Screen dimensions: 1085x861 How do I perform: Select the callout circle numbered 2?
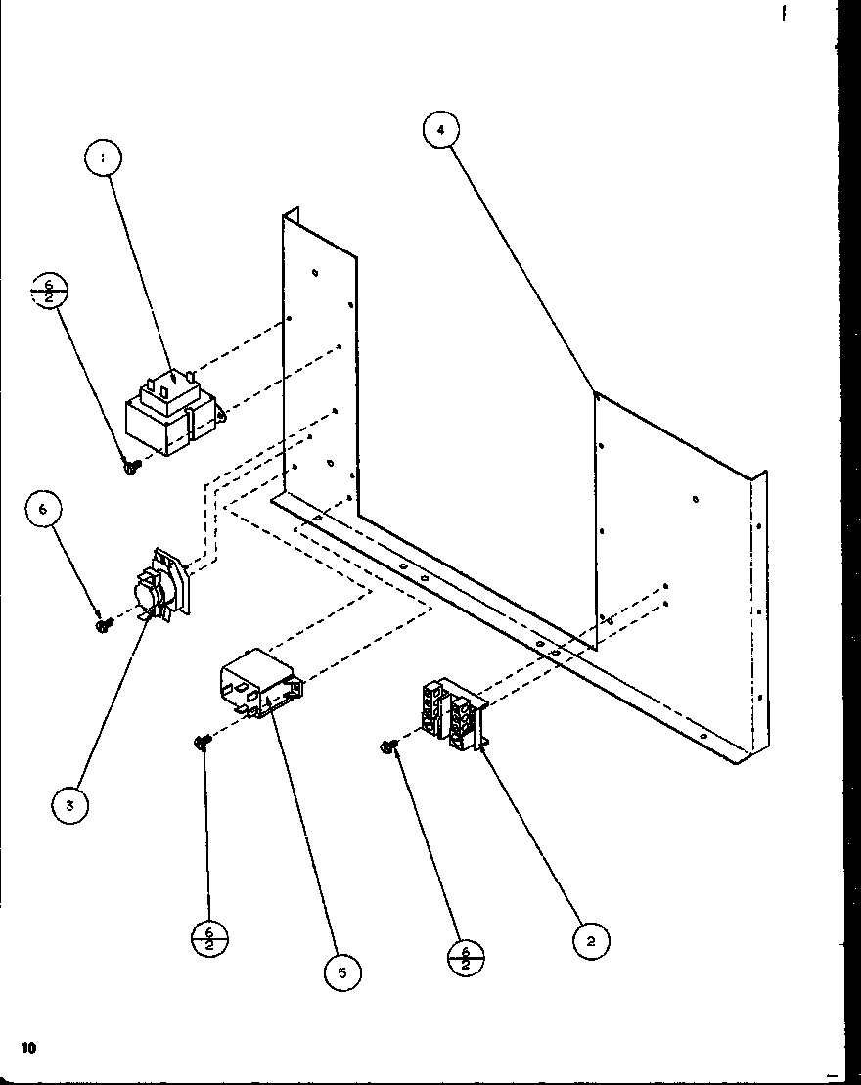pyautogui.click(x=591, y=941)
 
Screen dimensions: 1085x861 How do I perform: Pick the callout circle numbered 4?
pyautogui.click(x=442, y=130)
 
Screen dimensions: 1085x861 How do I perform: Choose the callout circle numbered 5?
pyautogui.click(x=341, y=972)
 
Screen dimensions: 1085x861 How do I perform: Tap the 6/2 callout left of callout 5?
pyautogui.click(x=208, y=941)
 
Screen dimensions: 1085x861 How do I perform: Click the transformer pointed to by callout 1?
pyautogui.click(x=170, y=416)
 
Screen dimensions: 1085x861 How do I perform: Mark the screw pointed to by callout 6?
pyautogui.click(x=101, y=624)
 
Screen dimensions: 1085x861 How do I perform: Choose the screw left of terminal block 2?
pyautogui.click(x=388, y=748)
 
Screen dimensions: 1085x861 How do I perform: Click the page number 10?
pyautogui.click(x=28, y=1047)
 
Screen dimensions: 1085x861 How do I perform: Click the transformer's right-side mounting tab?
pyautogui.click(x=223, y=416)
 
